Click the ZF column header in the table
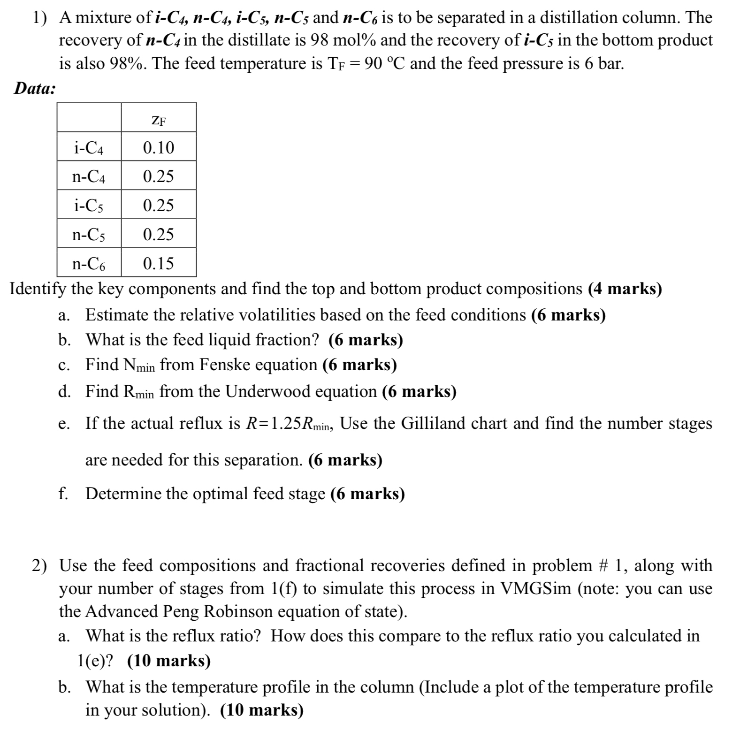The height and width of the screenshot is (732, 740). (159, 121)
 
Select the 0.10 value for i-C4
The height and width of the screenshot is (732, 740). (159, 148)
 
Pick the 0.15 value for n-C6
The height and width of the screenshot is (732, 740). (159, 263)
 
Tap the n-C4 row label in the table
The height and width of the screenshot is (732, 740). (89, 177)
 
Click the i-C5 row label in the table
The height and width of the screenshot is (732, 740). (89, 206)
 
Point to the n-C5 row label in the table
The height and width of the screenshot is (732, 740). (89, 235)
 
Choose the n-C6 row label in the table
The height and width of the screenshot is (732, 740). (89, 264)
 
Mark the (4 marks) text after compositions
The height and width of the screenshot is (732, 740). (625, 289)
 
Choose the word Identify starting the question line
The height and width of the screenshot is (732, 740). (38, 289)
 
